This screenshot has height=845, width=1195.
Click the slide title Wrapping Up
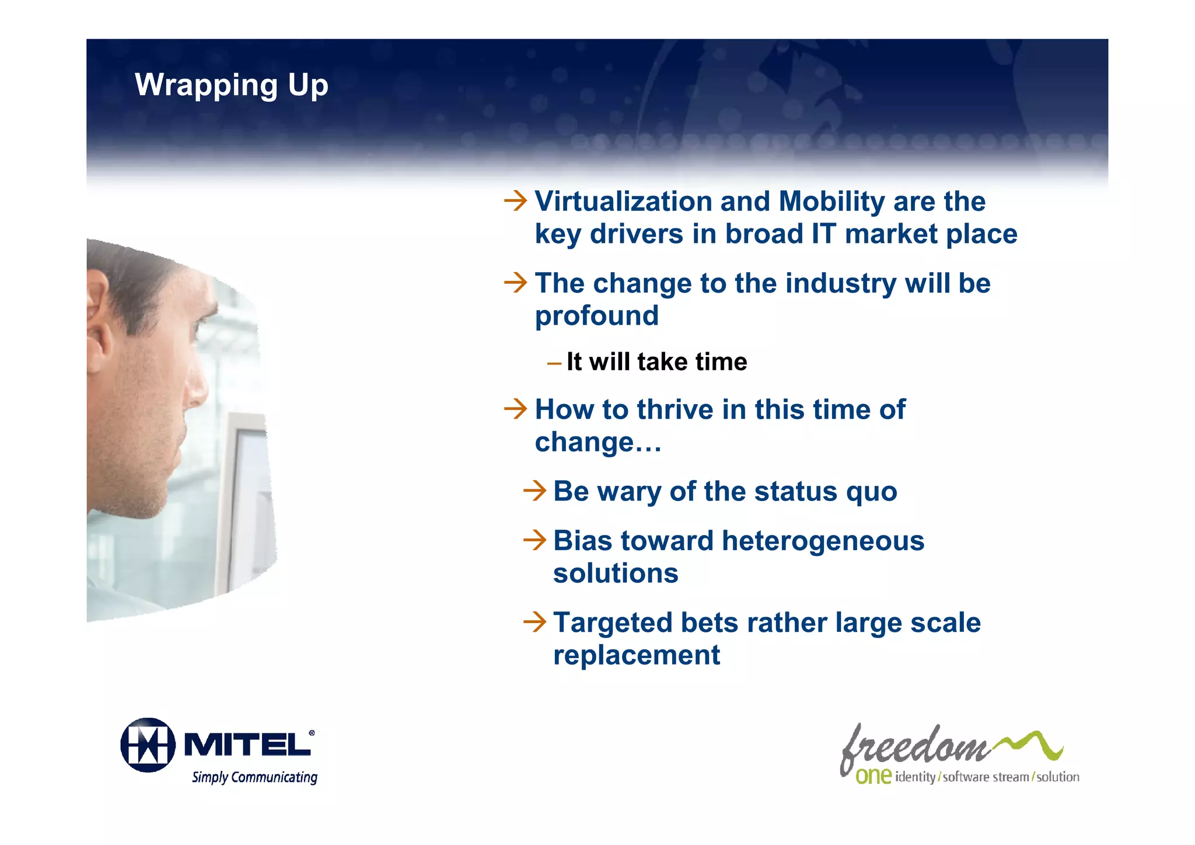(232, 85)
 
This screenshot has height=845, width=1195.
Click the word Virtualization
(623, 202)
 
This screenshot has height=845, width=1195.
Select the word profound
(596, 317)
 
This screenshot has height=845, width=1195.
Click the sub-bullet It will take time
(656, 362)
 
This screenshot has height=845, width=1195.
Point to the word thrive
(675, 409)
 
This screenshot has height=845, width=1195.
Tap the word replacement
(636, 655)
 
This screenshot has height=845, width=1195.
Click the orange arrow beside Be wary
(534, 491)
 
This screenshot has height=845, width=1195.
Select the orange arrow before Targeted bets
(534, 622)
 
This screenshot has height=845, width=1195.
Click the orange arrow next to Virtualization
(515, 201)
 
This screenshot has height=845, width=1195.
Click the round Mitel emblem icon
(148, 745)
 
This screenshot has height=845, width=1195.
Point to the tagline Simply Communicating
(254, 777)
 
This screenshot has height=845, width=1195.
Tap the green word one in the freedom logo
(873, 776)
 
